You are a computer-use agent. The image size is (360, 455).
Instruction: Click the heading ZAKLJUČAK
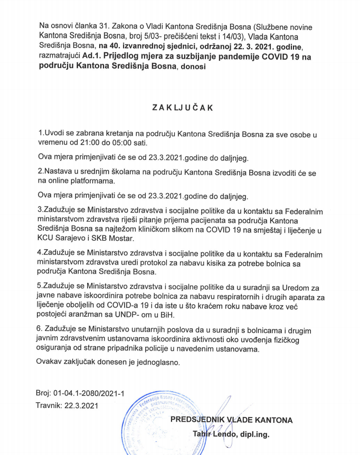[x=182, y=107]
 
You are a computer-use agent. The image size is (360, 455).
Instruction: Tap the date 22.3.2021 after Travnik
[x=81, y=406]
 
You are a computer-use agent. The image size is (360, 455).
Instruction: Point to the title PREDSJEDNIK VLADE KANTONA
[x=231, y=420]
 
